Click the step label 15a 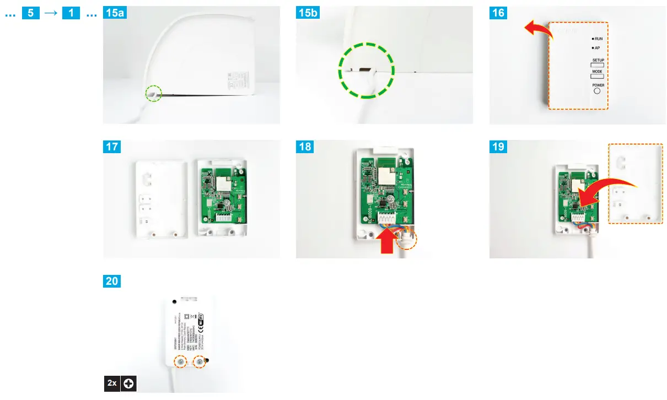pyautogui.click(x=115, y=13)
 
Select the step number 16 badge pyautogui.click(x=498, y=13)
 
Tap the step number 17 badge pyautogui.click(x=112, y=147)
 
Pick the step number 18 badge pyautogui.click(x=305, y=147)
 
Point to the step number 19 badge pyautogui.click(x=498, y=147)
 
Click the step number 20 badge pyautogui.click(x=112, y=281)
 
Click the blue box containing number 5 pyautogui.click(x=31, y=13)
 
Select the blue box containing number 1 pyautogui.click(x=70, y=13)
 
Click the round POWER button pyautogui.click(x=597, y=91)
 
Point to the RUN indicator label pyautogui.click(x=597, y=39)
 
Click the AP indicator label pyautogui.click(x=596, y=48)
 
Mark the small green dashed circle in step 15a pyautogui.click(x=154, y=94)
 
